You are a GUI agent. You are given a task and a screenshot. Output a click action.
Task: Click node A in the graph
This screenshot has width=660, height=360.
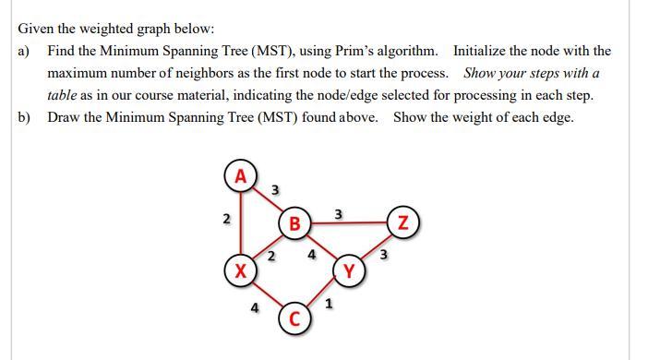point(241,175)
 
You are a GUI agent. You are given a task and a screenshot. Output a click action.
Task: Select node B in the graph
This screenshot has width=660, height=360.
point(294,222)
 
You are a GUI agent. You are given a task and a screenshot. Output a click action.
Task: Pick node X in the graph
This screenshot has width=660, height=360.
point(241,271)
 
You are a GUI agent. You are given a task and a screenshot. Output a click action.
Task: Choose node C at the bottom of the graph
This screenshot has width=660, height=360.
point(294,319)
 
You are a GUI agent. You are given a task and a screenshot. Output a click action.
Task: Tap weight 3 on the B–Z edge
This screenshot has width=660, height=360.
point(340,214)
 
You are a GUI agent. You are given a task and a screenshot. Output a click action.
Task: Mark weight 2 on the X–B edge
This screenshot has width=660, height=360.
point(271,255)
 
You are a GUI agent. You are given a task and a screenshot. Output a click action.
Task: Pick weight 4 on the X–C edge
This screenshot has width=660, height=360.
point(254,308)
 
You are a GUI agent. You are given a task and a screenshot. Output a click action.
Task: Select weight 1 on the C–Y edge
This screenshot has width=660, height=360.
point(330,302)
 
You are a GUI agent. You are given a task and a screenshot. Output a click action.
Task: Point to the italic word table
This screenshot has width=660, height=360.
point(64,95)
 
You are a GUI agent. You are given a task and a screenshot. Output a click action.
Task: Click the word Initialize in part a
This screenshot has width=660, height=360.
point(482,51)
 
